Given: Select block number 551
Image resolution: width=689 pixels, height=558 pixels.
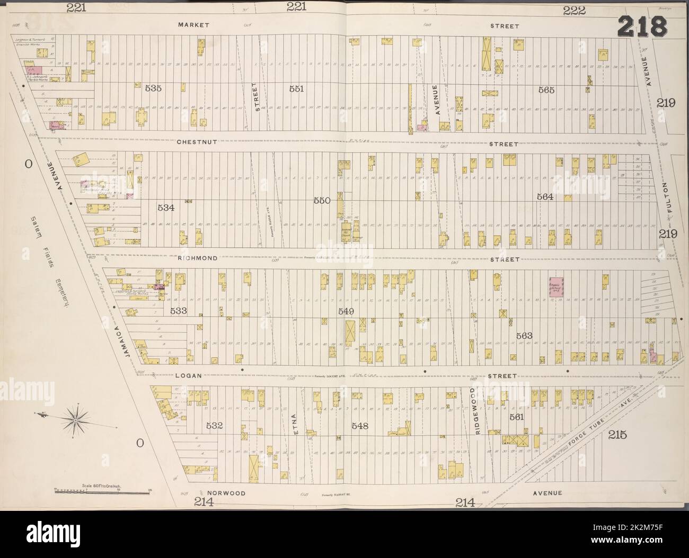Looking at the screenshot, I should tap(296, 89).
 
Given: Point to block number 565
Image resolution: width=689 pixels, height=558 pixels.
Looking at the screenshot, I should tap(546, 90).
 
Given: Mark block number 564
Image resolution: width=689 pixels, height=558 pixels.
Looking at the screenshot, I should tap(545, 196).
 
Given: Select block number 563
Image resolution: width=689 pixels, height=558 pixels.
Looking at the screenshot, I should tap(524, 336).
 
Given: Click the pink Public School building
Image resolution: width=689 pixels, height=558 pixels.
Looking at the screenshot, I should tap(556, 287).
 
